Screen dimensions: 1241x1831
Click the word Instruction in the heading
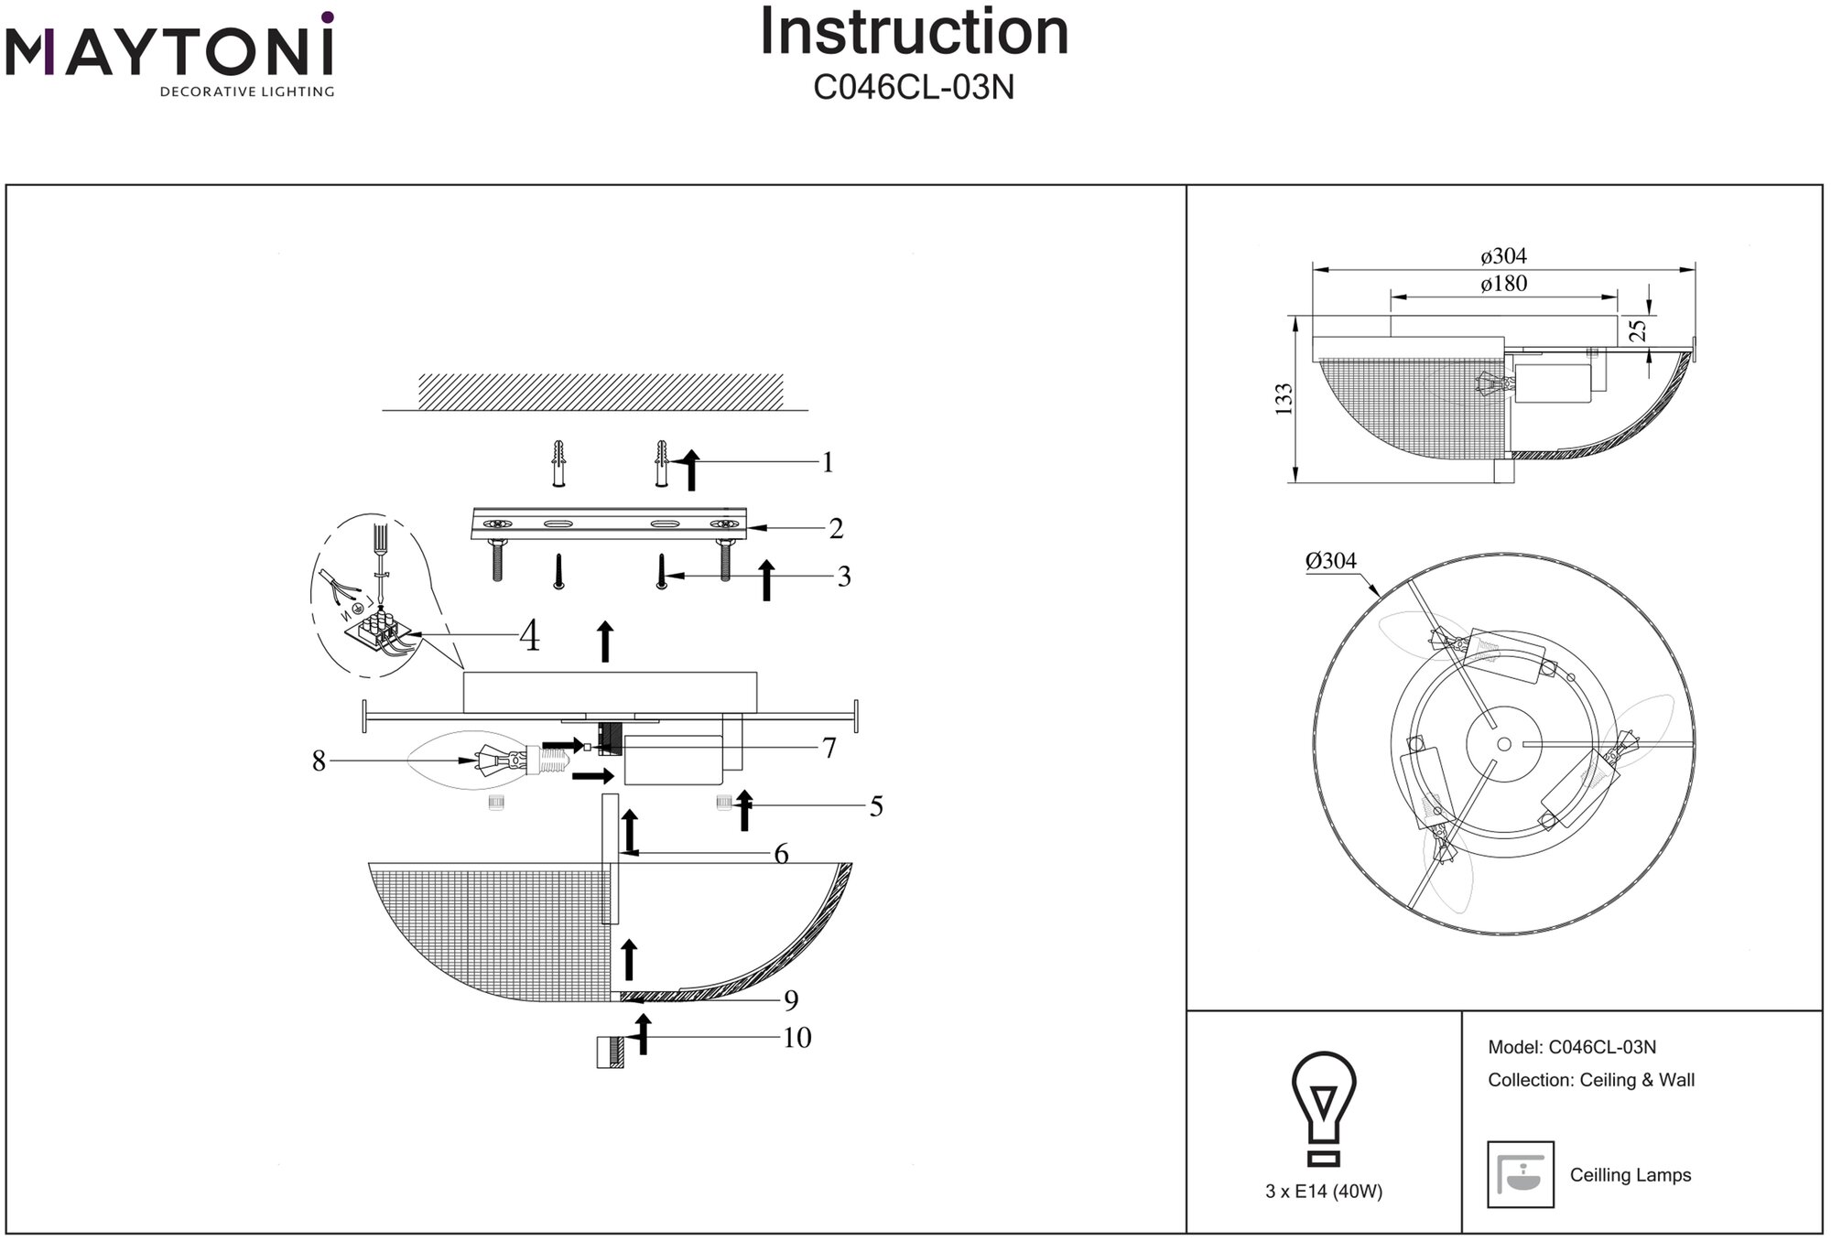(914, 33)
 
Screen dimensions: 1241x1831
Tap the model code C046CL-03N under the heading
(914, 88)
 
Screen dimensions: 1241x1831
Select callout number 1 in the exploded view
(828, 463)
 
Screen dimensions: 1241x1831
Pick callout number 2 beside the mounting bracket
(835, 529)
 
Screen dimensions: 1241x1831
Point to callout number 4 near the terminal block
(529, 636)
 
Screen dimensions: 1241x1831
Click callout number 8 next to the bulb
(319, 761)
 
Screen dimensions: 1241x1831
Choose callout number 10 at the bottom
(796, 1038)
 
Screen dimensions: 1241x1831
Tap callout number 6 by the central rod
(781, 854)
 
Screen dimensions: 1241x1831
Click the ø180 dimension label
(1503, 285)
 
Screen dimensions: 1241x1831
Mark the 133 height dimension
(1284, 399)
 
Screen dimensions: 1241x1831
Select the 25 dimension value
(1639, 329)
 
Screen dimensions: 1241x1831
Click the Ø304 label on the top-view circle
(1330, 561)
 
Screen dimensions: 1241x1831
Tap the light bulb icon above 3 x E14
(1324, 1108)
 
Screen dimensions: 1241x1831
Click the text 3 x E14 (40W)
(1324, 1192)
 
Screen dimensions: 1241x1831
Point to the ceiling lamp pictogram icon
(1521, 1174)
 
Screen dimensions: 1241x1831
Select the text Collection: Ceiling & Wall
(1591, 1080)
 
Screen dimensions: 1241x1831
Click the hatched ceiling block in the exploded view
(601, 392)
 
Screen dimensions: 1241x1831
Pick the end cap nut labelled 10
(610, 1052)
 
